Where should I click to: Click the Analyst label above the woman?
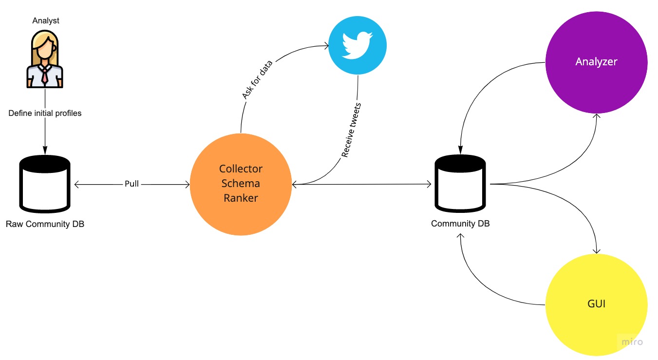46,20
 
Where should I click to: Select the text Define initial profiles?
45,113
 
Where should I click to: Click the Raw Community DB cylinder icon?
45,183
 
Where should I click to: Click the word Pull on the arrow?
132,184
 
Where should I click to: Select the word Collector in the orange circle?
241,169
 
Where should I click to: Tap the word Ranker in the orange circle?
241,198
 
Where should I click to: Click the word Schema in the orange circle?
241,184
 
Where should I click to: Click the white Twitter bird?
357,45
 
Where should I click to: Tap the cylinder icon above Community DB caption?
460,183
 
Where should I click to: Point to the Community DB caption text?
460,224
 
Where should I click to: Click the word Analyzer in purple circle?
596,62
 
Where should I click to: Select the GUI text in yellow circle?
596,304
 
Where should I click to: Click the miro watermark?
632,342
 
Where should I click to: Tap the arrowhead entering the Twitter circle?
326,46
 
